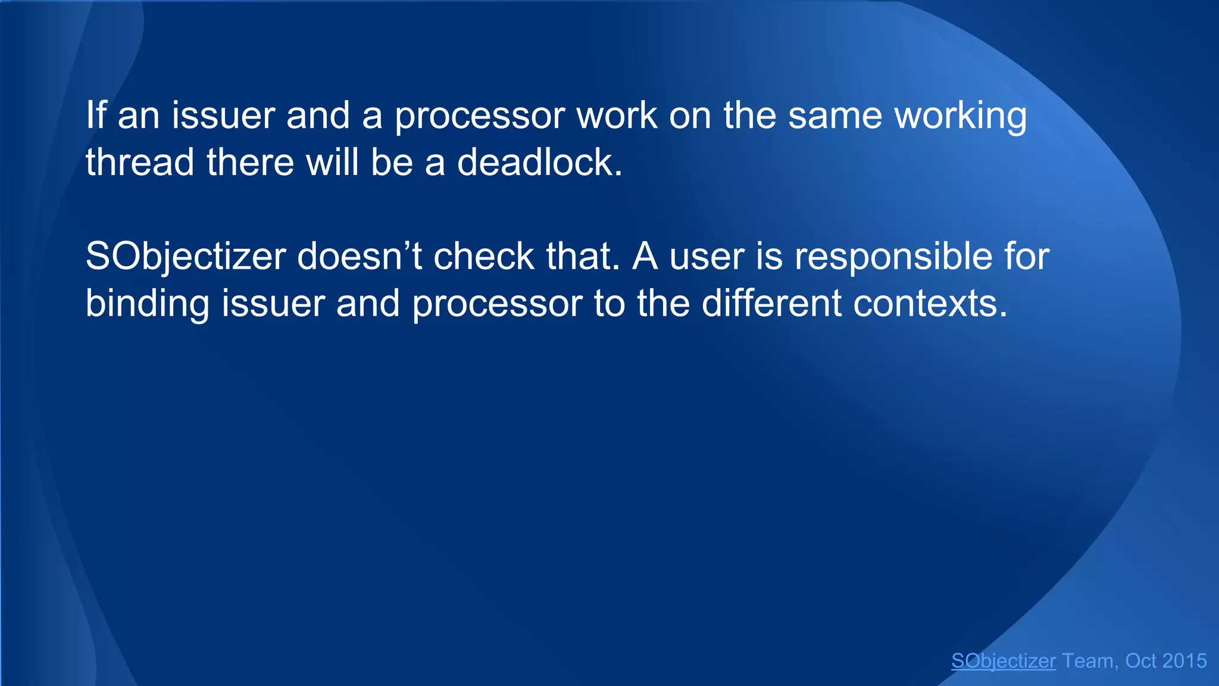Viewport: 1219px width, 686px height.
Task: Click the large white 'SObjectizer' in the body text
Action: [186, 257]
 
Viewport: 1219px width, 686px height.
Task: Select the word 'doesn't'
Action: [360, 256]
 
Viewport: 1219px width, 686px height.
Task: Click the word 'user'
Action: [707, 257]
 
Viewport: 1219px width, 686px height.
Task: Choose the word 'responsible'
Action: [893, 257]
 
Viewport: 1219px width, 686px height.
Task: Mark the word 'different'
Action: [771, 303]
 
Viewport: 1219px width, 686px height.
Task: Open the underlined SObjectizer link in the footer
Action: [1004, 661]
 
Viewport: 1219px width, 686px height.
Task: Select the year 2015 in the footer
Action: [1184, 661]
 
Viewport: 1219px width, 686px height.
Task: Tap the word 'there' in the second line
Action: [250, 162]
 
